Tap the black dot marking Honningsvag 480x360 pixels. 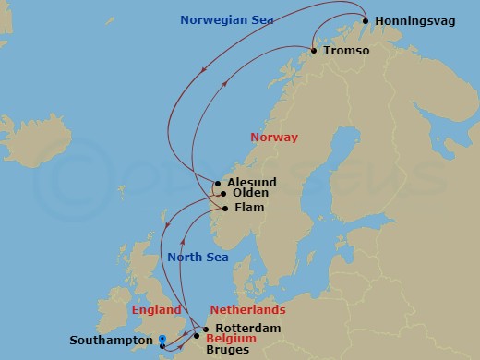pyautogui.click(x=366, y=21)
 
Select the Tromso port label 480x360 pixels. pyautogui.click(x=348, y=51)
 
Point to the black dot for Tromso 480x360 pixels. pyautogui.click(x=314, y=51)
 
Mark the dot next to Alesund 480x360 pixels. pyautogui.click(x=218, y=183)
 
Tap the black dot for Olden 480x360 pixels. pyautogui.click(x=222, y=194)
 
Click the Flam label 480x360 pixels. pyautogui.click(x=249, y=208)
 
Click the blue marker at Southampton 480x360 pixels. pyautogui.click(x=162, y=339)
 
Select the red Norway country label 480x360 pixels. pyautogui.click(x=274, y=138)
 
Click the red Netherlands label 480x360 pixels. pyautogui.click(x=247, y=310)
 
